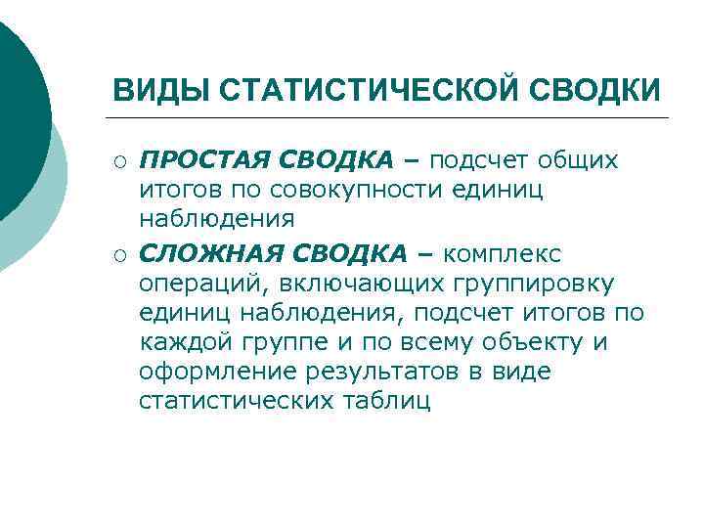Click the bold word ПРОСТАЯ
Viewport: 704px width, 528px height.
click(x=203, y=158)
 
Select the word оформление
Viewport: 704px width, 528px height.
click(x=216, y=372)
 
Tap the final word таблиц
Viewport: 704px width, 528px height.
click(x=392, y=401)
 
